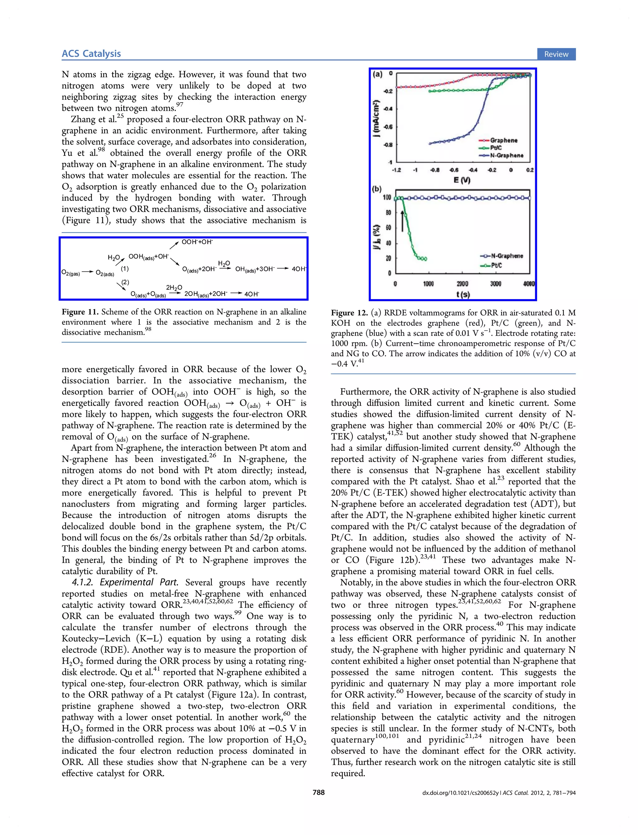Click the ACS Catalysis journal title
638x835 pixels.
point(91,54)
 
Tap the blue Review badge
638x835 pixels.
point(556,54)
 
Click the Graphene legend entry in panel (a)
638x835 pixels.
point(503,140)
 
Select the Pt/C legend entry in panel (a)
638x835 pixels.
point(495,148)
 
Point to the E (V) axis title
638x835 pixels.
point(462,180)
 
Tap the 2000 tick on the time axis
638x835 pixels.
point(462,284)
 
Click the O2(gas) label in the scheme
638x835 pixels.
point(71,273)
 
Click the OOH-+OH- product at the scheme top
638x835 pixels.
point(197,242)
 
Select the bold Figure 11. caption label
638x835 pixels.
point(80,312)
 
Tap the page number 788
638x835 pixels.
point(319,793)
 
